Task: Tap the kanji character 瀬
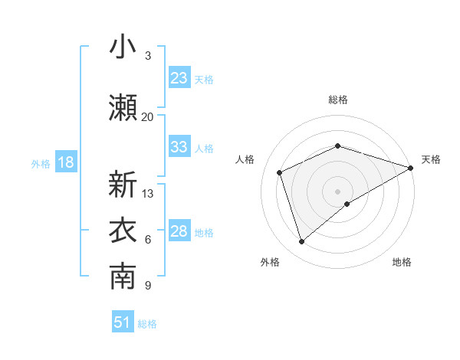[x=123, y=108]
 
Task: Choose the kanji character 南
[x=123, y=278]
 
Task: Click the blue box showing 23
[x=179, y=78]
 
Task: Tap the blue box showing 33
[x=179, y=147]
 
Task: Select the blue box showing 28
[x=179, y=231]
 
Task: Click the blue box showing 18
[x=65, y=162]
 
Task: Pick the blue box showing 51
[x=123, y=322]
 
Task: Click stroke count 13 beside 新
[x=148, y=193]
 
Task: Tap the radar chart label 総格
[x=337, y=100]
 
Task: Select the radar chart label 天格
[x=431, y=159]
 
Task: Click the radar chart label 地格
[x=402, y=262]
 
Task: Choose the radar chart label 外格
[x=270, y=262]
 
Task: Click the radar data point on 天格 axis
[x=411, y=167]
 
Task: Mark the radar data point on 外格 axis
[x=301, y=242]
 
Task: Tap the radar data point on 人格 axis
[x=280, y=172]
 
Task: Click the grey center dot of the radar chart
[x=337, y=191]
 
